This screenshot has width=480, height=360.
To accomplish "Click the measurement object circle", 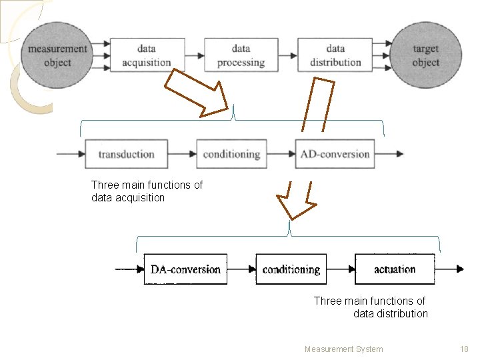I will (x=57, y=56).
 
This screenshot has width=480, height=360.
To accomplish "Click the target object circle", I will (x=425, y=56).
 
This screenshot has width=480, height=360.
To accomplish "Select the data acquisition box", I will (x=147, y=55).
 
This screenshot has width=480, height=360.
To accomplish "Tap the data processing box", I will (x=241, y=55).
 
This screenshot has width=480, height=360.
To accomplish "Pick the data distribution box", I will (x=335, y=55).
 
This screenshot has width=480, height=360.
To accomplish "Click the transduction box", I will (x=126, y=154).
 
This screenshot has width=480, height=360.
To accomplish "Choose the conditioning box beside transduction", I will (x=231, y=154).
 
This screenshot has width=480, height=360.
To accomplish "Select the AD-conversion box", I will (x=335, y=154).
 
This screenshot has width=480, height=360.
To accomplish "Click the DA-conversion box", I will (x=185, y=269).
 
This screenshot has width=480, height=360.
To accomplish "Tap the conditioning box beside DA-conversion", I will (x=291, y=269).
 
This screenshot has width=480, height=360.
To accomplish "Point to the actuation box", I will (x=395, y=269).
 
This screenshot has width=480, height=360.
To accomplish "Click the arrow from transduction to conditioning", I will (x=182, y=154).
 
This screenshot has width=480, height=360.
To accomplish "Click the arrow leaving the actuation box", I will (x=449, y=269).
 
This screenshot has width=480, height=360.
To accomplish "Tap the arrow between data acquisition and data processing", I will (x=194, y=55).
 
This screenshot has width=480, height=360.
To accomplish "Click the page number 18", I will (x=464, y=349).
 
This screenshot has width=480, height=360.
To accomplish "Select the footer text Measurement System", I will (x=343, y=349).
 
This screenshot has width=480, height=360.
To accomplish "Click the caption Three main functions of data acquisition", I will (x=147, y=191).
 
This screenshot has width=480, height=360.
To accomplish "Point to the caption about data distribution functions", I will (x=371, y=307).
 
